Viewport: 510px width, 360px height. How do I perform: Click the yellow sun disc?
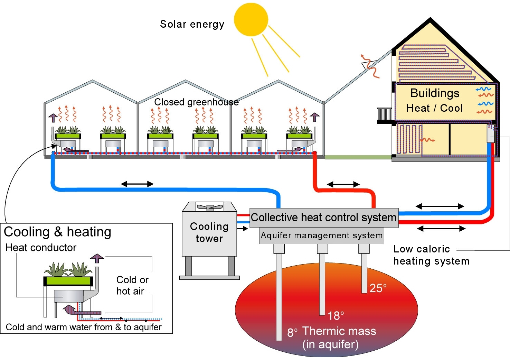coord(251,19)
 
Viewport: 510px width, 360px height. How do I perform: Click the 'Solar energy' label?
coord(192,24)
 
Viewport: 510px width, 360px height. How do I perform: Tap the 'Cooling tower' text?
coord(209,232)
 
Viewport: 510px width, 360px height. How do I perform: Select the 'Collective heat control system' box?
coord(324,218)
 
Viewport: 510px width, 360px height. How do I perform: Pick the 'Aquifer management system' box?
coord(322,236)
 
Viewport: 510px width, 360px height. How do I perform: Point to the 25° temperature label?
coord(378,288)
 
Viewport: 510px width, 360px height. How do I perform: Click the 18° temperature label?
coord(336,315)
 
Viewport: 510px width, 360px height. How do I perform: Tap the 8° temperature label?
coord(292,333)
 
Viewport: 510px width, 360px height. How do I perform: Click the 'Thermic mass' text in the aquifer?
coord(339,331)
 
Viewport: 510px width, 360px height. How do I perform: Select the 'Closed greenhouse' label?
coord(196,102)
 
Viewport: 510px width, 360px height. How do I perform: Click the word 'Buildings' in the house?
coord(435,93)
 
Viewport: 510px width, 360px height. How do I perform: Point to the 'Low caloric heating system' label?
coord(431,255)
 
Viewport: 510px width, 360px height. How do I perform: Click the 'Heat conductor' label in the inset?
coord(41,248)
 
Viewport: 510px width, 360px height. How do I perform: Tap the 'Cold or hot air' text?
coord(132,285)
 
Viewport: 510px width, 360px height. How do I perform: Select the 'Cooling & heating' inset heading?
coord(57,232)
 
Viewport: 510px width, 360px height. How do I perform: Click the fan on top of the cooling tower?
coord(209,207)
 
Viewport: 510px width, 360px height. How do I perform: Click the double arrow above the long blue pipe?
coord(137,184)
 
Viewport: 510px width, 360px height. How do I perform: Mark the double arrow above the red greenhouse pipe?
coord(343,184)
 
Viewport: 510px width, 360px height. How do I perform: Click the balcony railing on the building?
coord(384,114)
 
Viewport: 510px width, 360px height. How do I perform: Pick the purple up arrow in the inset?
coord(97,258)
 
